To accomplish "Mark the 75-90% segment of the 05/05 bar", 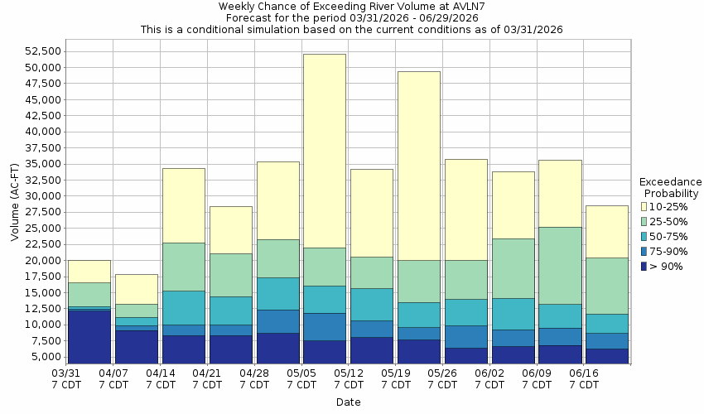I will tap(325, 326).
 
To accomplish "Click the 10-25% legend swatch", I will tap(644, 206).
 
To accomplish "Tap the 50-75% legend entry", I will tap(667, 236).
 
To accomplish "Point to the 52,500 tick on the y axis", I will tap(41, 51).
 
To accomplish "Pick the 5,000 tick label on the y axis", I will tap(45, 358).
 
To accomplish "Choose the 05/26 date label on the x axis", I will tap(443, 379).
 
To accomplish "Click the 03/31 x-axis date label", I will tap(67, 379).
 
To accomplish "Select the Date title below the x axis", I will tap(348, 402).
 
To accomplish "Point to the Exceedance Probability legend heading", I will tap(671, 187).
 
